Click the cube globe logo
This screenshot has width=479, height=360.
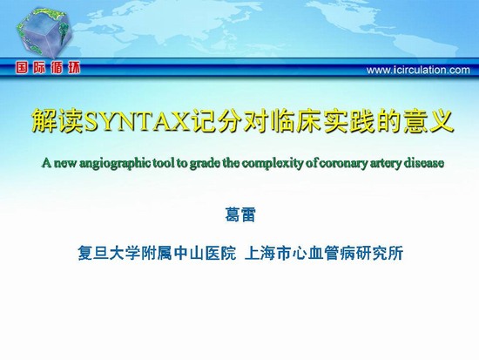click(x=44, y=32)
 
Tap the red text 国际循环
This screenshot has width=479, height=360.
click(x=48, y=68)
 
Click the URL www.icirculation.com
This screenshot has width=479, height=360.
click(x=418, y=70)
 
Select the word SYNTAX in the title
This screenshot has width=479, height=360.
click(x=136, y=120)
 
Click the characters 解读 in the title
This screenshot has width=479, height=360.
click(x=57, y=120)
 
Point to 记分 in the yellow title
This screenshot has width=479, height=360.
click(x=214, y=120)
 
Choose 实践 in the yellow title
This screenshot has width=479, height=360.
click(x=350, y=120)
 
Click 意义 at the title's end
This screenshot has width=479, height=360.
click(x=428, y=120)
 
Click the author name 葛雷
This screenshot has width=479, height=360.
click(x=239, y=214)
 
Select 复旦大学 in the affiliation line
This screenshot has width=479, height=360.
click(x=109, y=253)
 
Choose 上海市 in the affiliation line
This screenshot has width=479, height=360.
click(x=268, y=253)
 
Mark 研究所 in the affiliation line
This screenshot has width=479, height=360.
click(x=380, y=253)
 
